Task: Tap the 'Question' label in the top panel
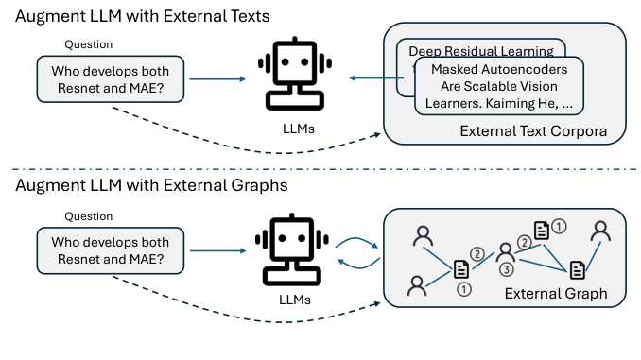(x=88, y=44)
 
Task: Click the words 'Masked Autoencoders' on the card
(x=498, y=69)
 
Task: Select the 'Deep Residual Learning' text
(x=481, y=51)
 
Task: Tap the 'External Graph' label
(x=555, y=294)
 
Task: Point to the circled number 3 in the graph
(x=506, y=269)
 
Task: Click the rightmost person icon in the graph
(x=598, y=232)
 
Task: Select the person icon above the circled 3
(x=505, y=250)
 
